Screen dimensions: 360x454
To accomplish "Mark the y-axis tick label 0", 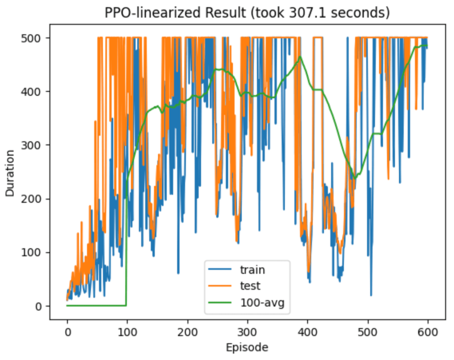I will tap(39, 306).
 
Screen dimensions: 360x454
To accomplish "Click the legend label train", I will tap(253, 269).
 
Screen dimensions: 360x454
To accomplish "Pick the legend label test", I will tap(250, 286).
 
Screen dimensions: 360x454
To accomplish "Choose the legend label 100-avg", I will tap(262, 303).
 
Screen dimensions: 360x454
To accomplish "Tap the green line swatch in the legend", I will tap(221, 303).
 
